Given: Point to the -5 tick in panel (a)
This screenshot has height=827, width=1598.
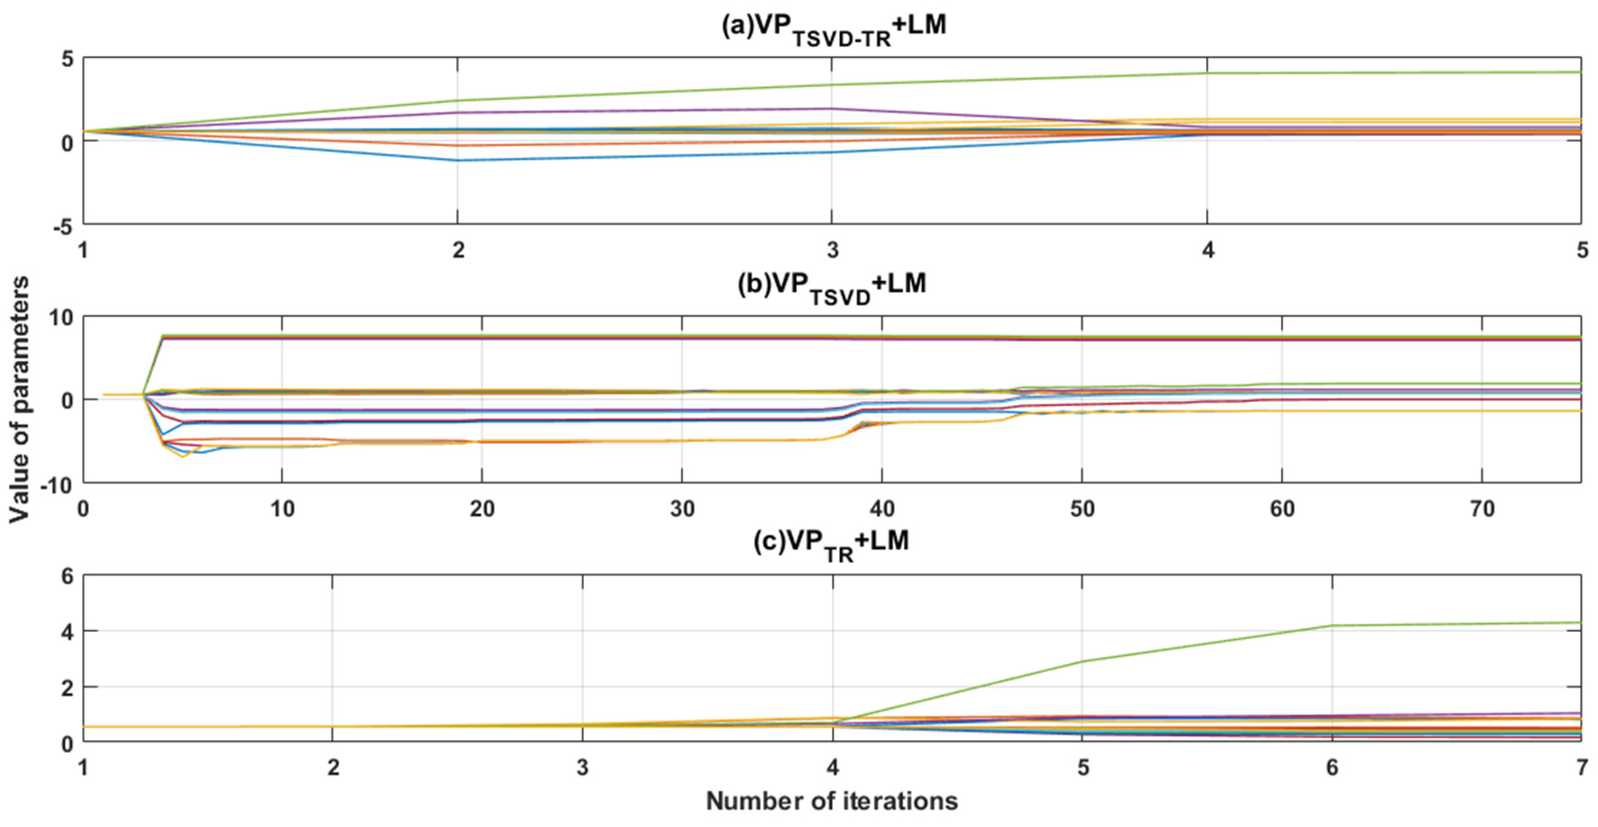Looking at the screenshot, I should pos(62,227).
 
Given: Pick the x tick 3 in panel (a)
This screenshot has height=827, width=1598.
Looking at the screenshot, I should pos(833,250).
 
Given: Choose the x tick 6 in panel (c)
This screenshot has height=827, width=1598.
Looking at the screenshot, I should pos(1332,768).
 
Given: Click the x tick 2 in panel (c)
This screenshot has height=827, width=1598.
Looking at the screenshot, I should pos(333,768).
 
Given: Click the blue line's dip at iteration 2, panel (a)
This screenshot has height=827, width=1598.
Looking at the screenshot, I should pos(458,161).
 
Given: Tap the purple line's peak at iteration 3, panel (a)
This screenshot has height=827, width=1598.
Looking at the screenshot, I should pos(831,108).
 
